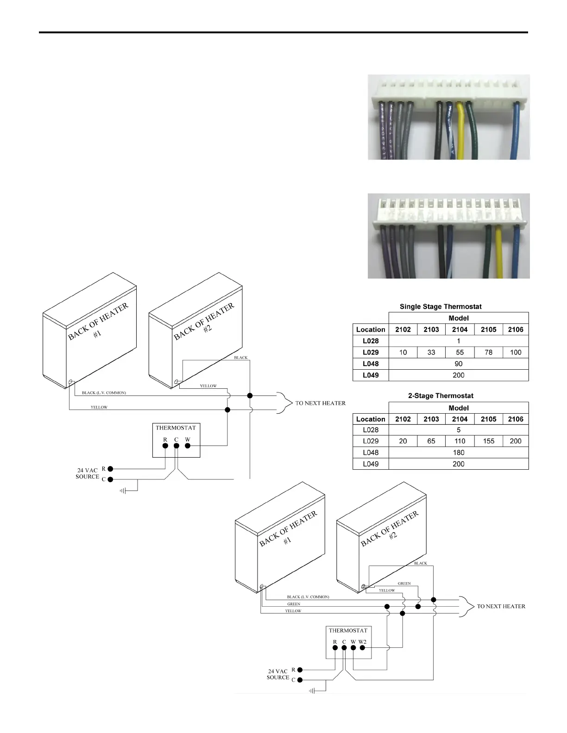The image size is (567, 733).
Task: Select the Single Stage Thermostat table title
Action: click(441, 307)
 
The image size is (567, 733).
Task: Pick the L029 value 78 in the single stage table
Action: click(488, 352)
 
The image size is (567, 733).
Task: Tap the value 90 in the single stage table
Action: click(458, 364)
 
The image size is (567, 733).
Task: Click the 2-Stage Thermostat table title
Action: click(441, 396)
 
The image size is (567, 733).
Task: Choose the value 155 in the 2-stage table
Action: click(488, 441)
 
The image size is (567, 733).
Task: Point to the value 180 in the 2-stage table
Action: click(458, 453)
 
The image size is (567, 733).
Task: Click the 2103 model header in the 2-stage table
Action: click(431, 419)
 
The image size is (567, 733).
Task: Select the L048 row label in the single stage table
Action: click(371, 364)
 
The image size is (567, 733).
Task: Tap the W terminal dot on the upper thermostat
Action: click(188, 446)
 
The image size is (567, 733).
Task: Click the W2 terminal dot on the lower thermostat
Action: click(363, 648)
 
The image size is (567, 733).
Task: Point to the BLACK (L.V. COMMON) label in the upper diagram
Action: click(104, 393)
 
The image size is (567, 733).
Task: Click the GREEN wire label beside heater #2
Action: click(404, 584)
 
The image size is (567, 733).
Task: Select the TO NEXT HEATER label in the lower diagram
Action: click(501, 606)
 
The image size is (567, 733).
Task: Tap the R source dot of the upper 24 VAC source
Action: click(110, 469)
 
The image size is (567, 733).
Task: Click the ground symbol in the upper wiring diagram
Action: click(123, 491)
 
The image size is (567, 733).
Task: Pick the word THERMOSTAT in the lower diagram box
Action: click(348, 630)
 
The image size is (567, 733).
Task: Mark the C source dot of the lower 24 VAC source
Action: click(300, 680)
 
